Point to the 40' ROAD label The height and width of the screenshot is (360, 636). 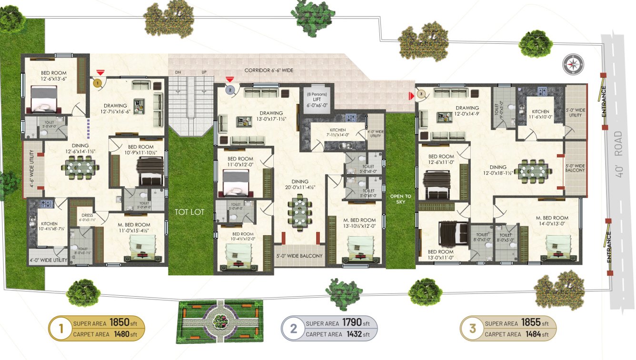pyautogui.click(x=618, y=154)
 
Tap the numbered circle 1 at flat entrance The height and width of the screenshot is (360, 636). pyautogui.click(x=98, y=83)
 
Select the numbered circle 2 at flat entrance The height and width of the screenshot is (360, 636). pyautogui.click(x=229, y=89)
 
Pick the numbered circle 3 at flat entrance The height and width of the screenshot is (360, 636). pyautogui.click(x=421, y=94)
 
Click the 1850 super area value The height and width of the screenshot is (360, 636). pyautogui.click(x=119, y=323)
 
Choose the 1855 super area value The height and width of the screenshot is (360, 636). pyautogui.click(x=531, y=323)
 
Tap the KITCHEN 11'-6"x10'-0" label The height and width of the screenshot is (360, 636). pyautogui.click(x=541, y=114)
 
